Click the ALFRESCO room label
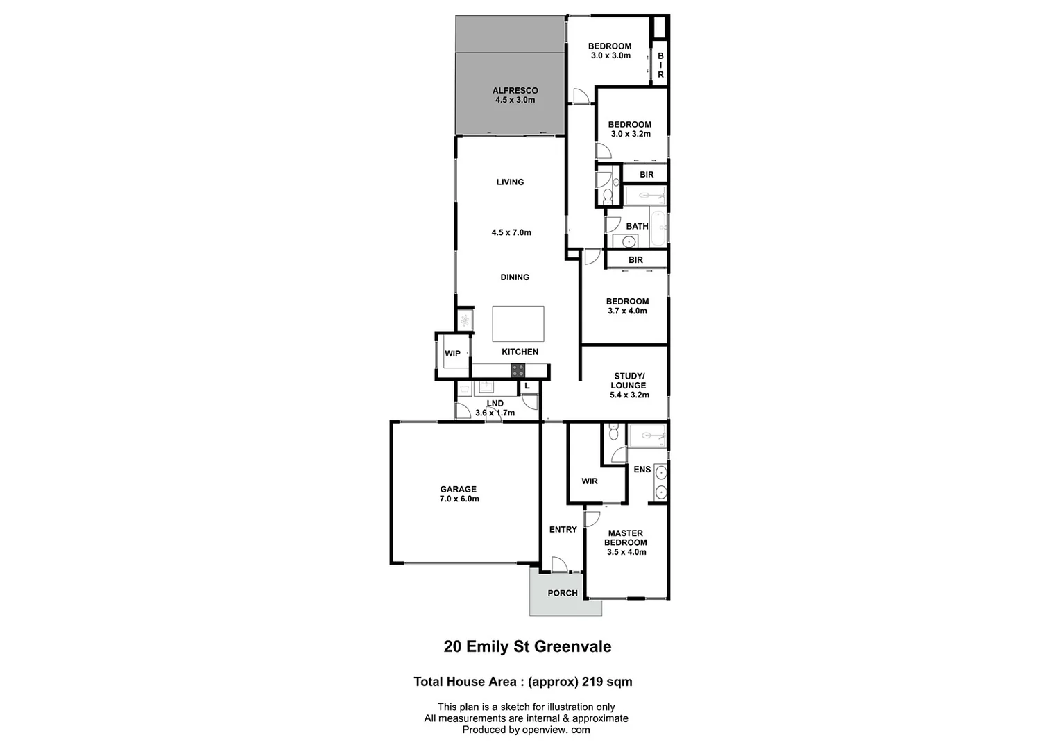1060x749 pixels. [515, 90]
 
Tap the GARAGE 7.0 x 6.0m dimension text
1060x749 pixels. [459, 499]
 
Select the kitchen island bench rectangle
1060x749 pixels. [518, 323]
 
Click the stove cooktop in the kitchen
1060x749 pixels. [518, 370]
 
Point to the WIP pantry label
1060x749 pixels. [452, 354]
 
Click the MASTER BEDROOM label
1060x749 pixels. [626, 537]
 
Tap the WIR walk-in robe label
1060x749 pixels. [590, 481]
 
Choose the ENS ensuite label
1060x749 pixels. [642, 470]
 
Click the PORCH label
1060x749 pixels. [563, 593]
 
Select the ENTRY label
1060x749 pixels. [563, 529]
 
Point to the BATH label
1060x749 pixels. [637, 226]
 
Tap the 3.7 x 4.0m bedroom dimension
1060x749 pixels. [627, 311]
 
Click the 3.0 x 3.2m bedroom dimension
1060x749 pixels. [630, 134]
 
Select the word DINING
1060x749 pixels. [515, 277]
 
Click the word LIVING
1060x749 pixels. [510, 182]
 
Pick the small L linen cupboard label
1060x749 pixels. [527, 386]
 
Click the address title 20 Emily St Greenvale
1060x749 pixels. [527, 646]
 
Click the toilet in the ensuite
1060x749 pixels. [613, 434]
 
